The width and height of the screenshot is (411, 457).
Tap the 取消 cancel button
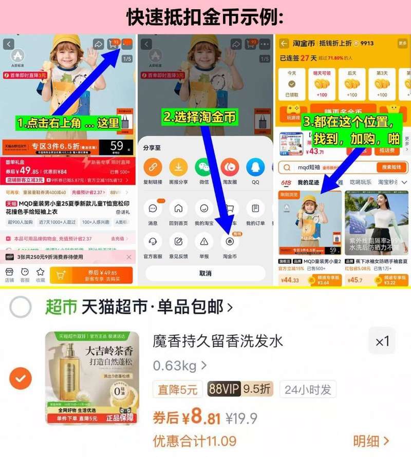(205, 273)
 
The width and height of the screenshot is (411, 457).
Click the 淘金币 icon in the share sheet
(230, 241)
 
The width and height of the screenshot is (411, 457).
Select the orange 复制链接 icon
(153, 167)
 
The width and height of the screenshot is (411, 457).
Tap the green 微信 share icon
(204, 167)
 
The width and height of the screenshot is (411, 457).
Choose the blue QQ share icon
(255, 167)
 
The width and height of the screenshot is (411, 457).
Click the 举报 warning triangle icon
(204, 241)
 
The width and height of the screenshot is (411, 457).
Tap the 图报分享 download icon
(178, 167)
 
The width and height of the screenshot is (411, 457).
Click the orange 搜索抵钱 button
(391, 167)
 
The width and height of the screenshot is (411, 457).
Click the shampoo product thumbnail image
(92, 378)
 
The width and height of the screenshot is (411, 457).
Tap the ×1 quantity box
(382, 341)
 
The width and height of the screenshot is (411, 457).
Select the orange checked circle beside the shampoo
(21, 379)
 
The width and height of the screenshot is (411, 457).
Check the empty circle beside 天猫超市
(21, 308)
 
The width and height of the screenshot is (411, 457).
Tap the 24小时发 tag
(308, 389)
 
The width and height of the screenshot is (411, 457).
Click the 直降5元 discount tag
(177, 389)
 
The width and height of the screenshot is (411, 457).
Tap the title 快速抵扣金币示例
(205, 17)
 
